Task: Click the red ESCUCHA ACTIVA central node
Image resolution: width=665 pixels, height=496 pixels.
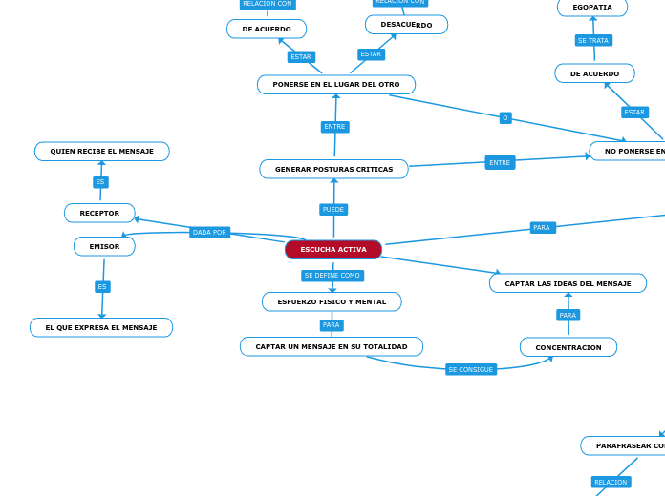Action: point(333,250)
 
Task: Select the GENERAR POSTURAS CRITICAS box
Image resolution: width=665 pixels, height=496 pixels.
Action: point(333,169)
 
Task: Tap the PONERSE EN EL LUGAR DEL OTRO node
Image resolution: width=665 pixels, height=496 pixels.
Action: point(336,85)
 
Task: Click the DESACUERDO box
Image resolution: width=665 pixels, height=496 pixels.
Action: point(406,25)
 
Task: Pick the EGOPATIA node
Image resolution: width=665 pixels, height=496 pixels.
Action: point(592,8)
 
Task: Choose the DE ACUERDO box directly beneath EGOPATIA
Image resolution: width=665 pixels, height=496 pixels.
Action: point(594,73)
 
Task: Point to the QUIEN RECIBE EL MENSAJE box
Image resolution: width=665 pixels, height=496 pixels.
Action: point(102,151)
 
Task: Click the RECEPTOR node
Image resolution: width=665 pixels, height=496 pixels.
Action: point(99,213)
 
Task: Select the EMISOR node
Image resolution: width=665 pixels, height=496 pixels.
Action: point(104,246)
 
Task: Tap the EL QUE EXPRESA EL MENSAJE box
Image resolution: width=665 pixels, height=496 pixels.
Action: point(101,327)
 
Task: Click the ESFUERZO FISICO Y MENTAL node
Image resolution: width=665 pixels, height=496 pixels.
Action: point(332,301)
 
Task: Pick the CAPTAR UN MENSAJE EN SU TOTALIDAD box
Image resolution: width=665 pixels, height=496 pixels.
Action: point(332,346)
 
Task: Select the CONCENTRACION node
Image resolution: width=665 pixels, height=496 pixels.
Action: point(568,347)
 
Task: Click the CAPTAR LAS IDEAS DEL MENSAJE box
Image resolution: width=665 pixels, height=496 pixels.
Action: point(568,283)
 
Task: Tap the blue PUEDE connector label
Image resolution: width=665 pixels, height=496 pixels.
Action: point(333,209)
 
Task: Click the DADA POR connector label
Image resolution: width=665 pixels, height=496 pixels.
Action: point(209,232)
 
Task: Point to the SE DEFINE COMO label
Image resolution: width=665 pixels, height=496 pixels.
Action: point(332,276)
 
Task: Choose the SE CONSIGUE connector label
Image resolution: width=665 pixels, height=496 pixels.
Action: point(471,369)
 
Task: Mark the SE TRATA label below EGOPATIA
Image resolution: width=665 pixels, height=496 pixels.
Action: point(593,40)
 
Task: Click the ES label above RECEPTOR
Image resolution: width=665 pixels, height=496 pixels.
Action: point(100,182)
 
